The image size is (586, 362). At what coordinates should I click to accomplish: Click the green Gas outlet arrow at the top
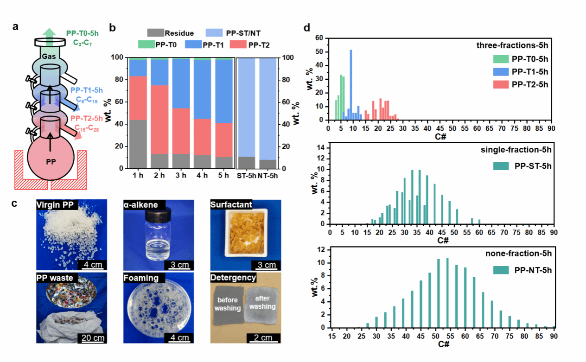click(47, 34)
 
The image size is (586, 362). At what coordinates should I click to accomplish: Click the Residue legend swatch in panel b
click(155, 33)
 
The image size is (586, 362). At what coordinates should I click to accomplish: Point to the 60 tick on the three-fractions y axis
click(321, 39)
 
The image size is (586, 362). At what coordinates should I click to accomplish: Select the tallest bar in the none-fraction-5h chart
click(447, 292)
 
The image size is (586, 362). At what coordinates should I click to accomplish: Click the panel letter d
click(307, 28)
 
